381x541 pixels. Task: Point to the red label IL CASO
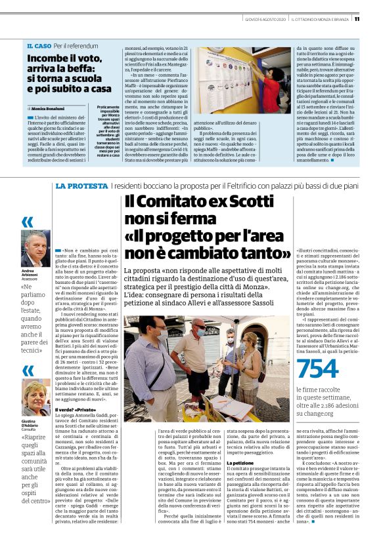point(39,46)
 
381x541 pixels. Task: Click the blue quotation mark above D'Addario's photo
point(28,371)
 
